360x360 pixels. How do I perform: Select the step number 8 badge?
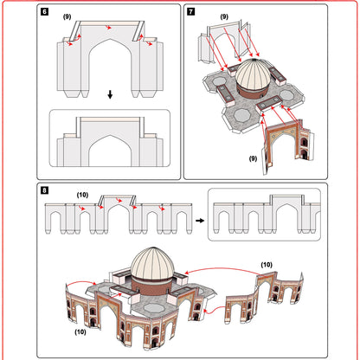tap(45, 190)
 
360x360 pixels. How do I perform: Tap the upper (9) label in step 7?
tap(224, 16)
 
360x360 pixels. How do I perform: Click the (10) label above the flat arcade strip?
tap(83, 196)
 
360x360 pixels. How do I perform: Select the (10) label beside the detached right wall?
tap(267, 264)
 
